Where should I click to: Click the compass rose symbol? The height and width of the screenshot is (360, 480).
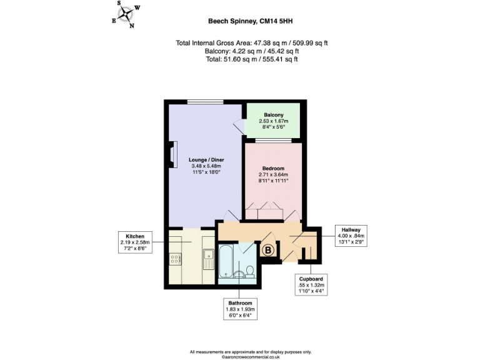coord(126,14)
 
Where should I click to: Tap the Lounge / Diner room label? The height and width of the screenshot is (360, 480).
coord(206,160)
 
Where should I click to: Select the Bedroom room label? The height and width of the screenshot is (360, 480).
coord(273,168)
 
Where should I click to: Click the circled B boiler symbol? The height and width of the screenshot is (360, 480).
coord(267,251)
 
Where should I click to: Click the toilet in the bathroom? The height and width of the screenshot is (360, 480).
coord(249,271)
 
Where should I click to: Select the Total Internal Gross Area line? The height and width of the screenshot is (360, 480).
coord(252,43)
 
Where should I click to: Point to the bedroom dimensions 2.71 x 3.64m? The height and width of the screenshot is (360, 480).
coord(273,174)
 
